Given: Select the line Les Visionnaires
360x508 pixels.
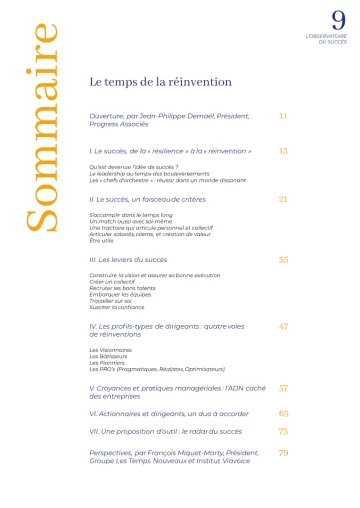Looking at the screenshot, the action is (111, 349).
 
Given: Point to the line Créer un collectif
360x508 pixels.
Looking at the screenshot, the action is (114, 279).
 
